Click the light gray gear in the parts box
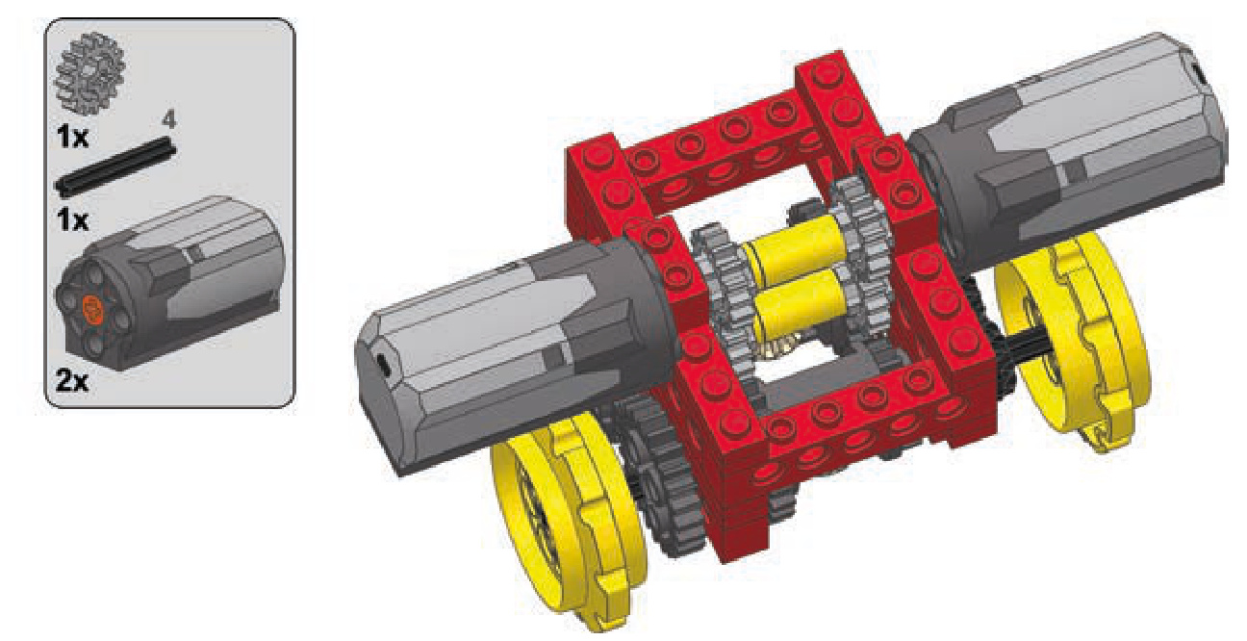89,69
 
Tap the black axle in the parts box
115,168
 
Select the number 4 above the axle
168,120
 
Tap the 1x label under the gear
72,136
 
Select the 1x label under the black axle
72,220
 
